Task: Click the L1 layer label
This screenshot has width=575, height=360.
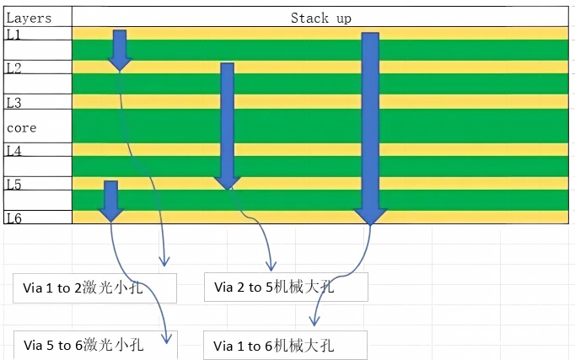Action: tap(13, 35)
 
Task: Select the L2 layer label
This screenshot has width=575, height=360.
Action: tap(14, 68)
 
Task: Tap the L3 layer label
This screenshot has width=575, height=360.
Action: tap(14, 103)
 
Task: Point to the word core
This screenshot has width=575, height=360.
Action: tap(22, 128)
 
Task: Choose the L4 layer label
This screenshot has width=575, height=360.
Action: tap(14, 151)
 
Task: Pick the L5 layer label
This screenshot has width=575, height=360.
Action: tap(14, 185)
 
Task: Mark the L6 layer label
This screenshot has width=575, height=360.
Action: tap(14, 218)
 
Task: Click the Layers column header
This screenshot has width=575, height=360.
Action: tap(29, 19)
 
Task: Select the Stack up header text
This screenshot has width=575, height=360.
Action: tap(321, 18)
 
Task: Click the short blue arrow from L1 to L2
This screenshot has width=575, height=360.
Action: tap(120, 51)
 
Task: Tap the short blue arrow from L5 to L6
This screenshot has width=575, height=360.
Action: tap(110, 201)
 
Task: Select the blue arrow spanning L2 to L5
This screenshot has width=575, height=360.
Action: tap(228, 126)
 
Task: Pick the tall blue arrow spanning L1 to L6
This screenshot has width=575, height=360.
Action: tap(370, 129)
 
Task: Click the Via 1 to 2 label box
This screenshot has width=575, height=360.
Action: tap(94, 288)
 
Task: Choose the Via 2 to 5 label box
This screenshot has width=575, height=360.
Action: tap(286, 287)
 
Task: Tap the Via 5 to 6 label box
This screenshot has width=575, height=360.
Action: tap(95, 345)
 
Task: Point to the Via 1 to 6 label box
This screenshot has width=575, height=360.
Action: tap(285, 346)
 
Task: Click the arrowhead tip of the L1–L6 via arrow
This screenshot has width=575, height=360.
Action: tap(370, 225)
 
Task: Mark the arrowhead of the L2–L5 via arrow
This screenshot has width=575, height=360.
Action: tap(228, 184)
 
